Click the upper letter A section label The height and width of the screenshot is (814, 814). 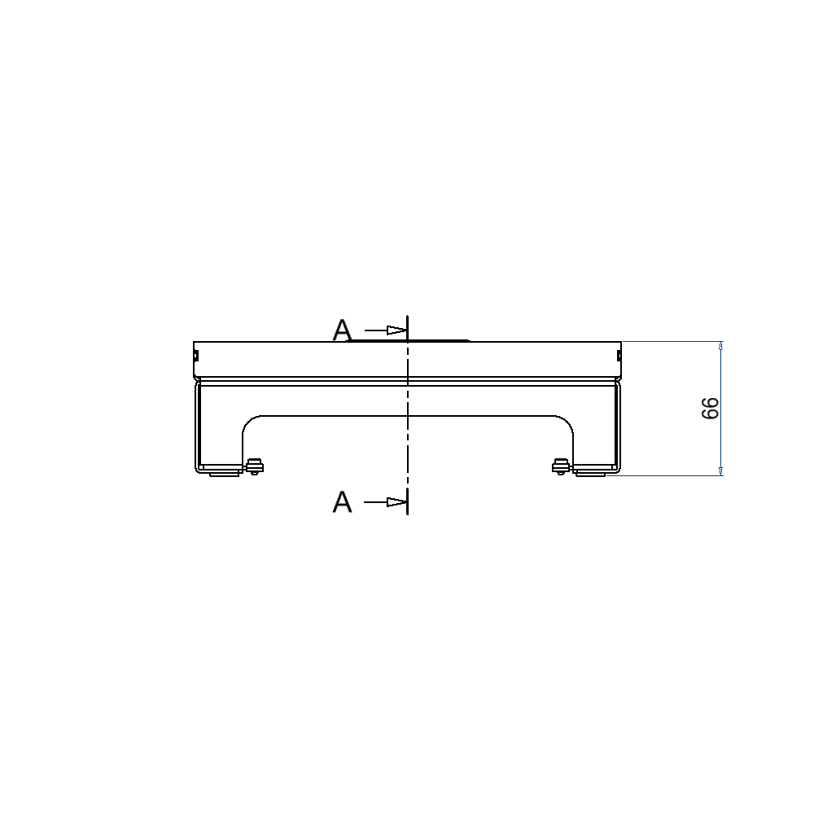tap(343, 330)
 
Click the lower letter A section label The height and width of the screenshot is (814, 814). tap(343, 502)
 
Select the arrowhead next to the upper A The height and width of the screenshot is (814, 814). tap(397, 330)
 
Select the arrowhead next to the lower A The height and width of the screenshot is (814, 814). tap(397, 502)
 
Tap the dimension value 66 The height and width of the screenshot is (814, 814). tap(710, 409)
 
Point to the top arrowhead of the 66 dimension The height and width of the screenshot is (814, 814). tap(721, 347)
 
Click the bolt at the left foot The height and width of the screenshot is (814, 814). tap(255, 466)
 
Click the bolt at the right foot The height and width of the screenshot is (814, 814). tap(559, 466)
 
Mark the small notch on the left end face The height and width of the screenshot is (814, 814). tap(195, 354)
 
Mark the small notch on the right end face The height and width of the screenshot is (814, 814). tap(619, 354)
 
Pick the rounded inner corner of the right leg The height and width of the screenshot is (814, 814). tap(565, 424)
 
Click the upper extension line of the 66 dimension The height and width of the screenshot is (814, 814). tap(672, 341)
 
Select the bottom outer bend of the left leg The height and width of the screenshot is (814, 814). tap(198, 469)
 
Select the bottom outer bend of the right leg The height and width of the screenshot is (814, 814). tap(616, 469)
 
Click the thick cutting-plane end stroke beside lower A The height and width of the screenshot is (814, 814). tap(407, 502)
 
